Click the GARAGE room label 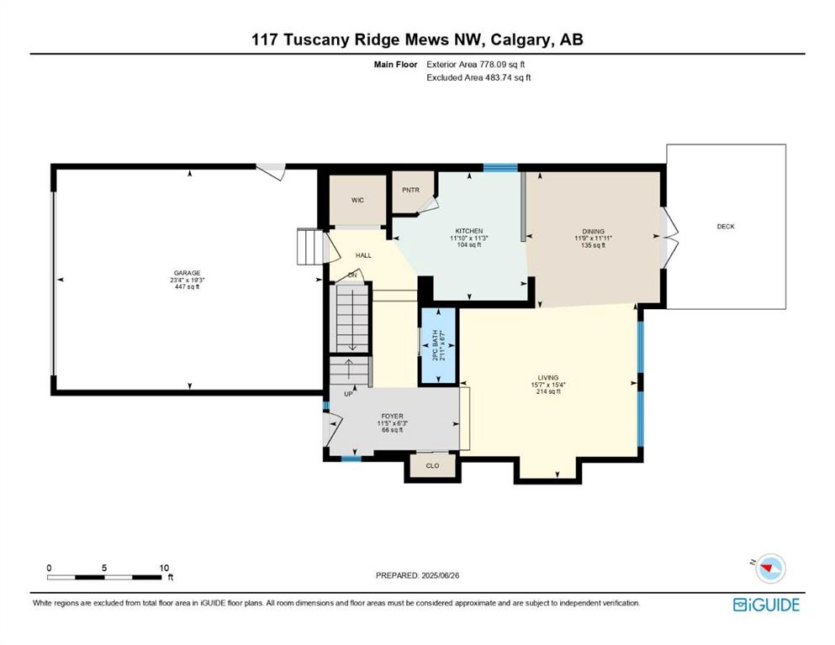pyautogui.click(x=187, y=273)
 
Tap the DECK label pyautogui.click(x=726, y=227)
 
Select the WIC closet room pyautogui.click(x=357, y=200)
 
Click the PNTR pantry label pyautogui.click(x=410, y=190)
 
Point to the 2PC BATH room pyautogui.click(x=438, y=346)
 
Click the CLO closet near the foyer pyautogui.click(x=432, y=466)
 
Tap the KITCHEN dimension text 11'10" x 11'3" pyautogui.click(x=468, y=239)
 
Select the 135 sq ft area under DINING pyautogui.click(x=593, y=245)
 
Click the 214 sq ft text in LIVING pyautogui.click(x=548, y=391)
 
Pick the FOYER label pyautogui.click(x=393, y=416)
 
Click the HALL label pyautogui.click(x=364, y=255)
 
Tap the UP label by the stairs pyautogui.click(x=348, y=394)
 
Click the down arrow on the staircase pyautogui.click(x=352, y=320)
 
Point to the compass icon pyautogui.click(x=770, y=569)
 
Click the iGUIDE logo pyautogui.click(x=766, y=606)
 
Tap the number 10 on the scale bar pyautogui.click(x=164, y=568)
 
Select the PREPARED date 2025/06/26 pyautogui.click(x=441, y=575)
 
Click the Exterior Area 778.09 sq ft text pyautogui.click(x=476, y=65)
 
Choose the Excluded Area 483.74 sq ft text pyautogui.click(x=478, y=77)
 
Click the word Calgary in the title pyautogui.click(x=521, y=39)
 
